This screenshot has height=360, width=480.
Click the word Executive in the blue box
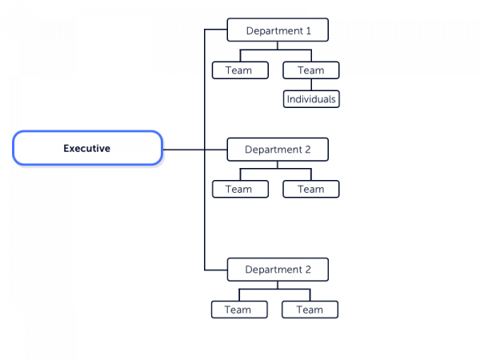pyautogui.click(x=87, y=149)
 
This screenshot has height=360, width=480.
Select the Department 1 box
pyautogui.click(x=278, y=30)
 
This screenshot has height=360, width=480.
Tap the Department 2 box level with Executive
pyautogui.click(x=278, y=150)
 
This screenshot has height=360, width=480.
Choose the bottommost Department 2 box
pyautogui.click(x=278, y=270)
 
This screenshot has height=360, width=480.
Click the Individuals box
pyautogui.click(x=311, y=99)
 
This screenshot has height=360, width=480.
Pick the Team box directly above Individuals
pyautogui.click(x=311, y=70)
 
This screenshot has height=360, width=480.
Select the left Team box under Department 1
pyautogui.click(x=240, y=70)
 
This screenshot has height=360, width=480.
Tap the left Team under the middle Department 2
pyautogui.click(x=240, y=189)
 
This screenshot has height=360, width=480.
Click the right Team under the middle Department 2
pyautogui.click(x=311, y=189)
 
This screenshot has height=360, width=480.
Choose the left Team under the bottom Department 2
pyautogui.click(x=239, y=310)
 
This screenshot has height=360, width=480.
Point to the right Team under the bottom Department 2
pyautogui.click(x=310, y=310)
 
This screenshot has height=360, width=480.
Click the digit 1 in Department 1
pyautogui.click(x=308, y=30)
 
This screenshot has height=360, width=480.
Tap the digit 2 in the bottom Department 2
pyautogui.click(x=308, y=270)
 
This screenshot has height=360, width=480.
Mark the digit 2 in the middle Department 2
pyautogui.click(x=308, y=150)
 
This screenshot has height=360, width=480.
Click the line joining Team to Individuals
pyautogui.click(x=311, y=85)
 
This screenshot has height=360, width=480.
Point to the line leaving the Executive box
pyautogui.click(x=195, y=150)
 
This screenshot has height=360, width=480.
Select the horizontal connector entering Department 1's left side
pyautogui.click(x=216, y=30)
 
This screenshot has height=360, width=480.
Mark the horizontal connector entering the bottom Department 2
pyautogui.click(x=216, y=270)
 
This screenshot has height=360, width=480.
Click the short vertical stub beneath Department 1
pyautogui.click(x=278, y=46)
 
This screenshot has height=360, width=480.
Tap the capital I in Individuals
pyautogui.click(x=288, y=99)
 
